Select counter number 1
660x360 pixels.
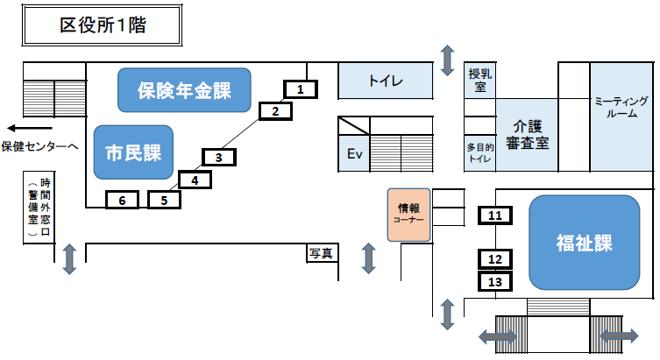(300, 88)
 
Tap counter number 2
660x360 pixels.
(275, 110)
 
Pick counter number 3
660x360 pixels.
(219, 158)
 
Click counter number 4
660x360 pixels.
(195, 180)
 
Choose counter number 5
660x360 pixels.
(164, 200)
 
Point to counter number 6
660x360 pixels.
(122, 201)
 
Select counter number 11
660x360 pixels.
(495, 215)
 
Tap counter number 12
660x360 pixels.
(495, 259)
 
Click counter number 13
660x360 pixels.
(495, 282)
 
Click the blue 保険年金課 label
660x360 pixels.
(184, 89)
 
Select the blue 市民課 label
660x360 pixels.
(133, 152)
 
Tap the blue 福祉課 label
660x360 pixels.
(583, 243)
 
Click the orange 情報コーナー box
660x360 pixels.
(408, 215)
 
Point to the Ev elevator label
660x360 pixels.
(355, 154)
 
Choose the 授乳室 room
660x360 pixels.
(479, 81)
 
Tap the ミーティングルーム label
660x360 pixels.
(621, 107)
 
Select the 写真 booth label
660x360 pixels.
(321, 253)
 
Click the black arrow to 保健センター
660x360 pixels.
(23, 125)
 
